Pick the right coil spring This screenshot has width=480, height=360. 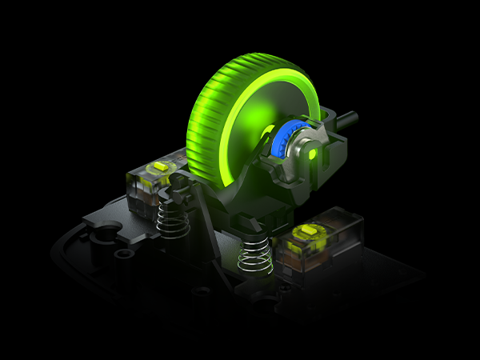tap(255, 255)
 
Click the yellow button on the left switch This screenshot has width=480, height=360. tap(161, 166)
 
